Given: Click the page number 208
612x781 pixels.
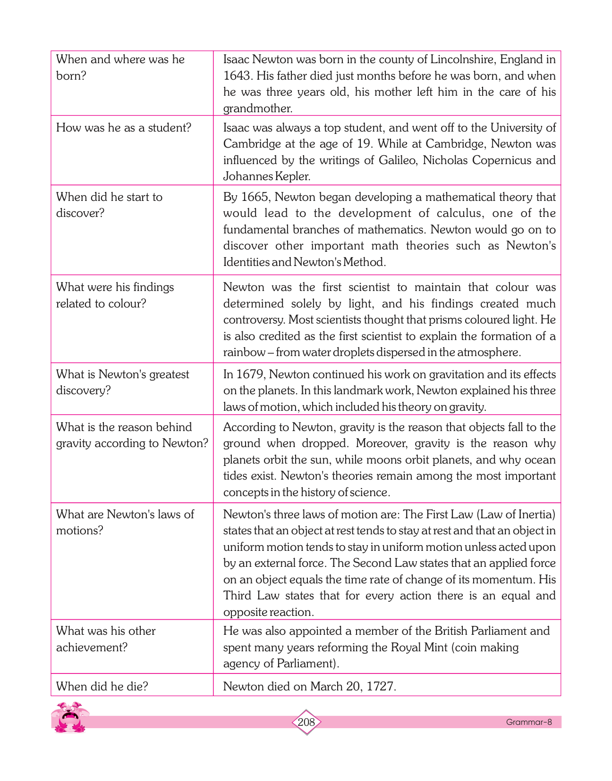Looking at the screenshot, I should (x=306, y=722).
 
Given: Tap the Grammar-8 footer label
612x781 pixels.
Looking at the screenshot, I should (x=529, y=722).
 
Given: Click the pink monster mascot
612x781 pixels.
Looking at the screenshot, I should (x=69, y=717).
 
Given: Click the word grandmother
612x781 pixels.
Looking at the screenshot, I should (x=257, y=108).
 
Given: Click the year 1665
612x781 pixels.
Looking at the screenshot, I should (x=255, y=197).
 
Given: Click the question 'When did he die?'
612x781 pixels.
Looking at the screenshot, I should (x=102, y=686).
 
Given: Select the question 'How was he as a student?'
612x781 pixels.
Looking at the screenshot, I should (x=124, y=128).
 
